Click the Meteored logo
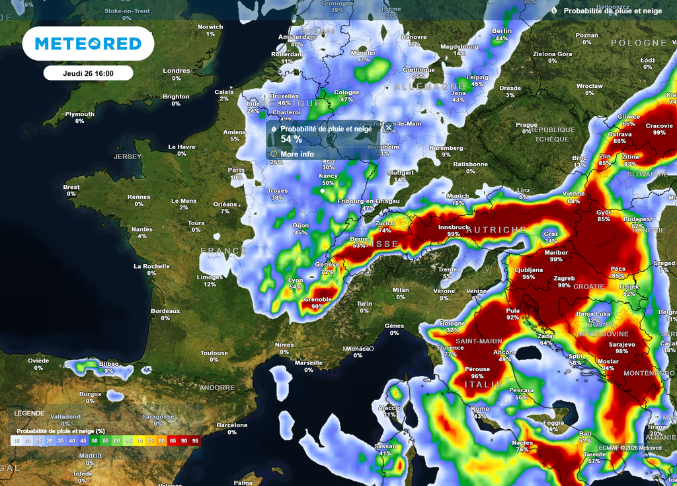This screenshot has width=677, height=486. tap(88, 44)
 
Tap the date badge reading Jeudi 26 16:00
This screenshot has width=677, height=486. tap(88, 73)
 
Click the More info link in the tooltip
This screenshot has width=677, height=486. tap(297, 154)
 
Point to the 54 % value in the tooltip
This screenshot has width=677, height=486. tap(291, 139)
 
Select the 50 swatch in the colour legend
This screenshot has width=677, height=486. tap(95, 440)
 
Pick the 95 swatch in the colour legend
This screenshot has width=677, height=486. tap(195, 440)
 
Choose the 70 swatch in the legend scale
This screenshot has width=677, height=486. tap(139, 440)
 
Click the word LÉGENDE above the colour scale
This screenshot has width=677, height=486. tap(30, 413)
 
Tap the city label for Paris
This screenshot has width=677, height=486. tap(236, 170)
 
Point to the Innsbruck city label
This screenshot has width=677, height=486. tap(454, 227)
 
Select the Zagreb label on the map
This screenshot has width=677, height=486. tap(564, 278)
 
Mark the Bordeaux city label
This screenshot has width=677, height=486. tap(165, 311)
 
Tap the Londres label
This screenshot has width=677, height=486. tap(177, 71)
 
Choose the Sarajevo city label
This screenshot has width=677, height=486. tap(621, 344)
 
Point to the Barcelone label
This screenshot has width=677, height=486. tap(231, 425)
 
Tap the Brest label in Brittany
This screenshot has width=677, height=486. tap(71, 188)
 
